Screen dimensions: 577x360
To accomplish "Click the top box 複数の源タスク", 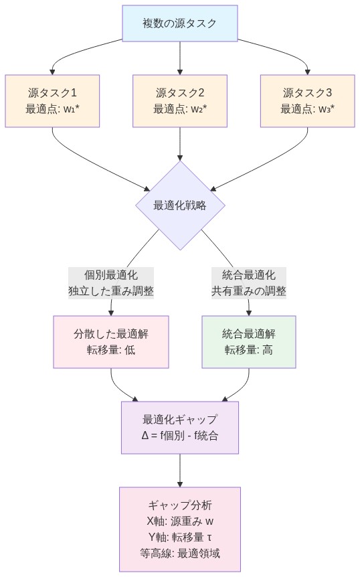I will click(x=179, y=23).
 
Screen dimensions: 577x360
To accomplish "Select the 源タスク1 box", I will click(x=52, y=100).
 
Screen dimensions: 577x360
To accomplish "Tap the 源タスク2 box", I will click(x=179, y=100).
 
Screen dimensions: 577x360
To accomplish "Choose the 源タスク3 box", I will click(x=307, y=100).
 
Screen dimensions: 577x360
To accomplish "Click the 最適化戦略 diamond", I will click(x=180, y=205).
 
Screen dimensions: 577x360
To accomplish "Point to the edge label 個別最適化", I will click(x=110, y=275).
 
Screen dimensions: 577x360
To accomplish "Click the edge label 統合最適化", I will click(x=248, y=275).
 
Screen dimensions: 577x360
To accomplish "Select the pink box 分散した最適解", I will click(x=110, y=342).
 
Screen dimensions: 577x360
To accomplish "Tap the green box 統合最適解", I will click(x=248, y=342).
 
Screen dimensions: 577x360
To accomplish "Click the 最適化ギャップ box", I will click(x=179, y=428).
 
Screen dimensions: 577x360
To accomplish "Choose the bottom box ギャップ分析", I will click(x=179, y=529).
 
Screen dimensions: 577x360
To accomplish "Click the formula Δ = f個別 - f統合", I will click(x=179, y=436).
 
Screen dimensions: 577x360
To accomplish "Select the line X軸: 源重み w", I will click(x=179, y=521).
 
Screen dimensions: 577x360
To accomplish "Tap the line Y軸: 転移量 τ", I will click(x=179, y=537).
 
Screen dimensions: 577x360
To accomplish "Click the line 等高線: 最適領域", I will click(x=179, y=553).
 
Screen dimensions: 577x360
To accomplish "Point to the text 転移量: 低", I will click(x=110, y=350).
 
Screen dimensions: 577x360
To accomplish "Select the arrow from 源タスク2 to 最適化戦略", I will click(x=179, y=144).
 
